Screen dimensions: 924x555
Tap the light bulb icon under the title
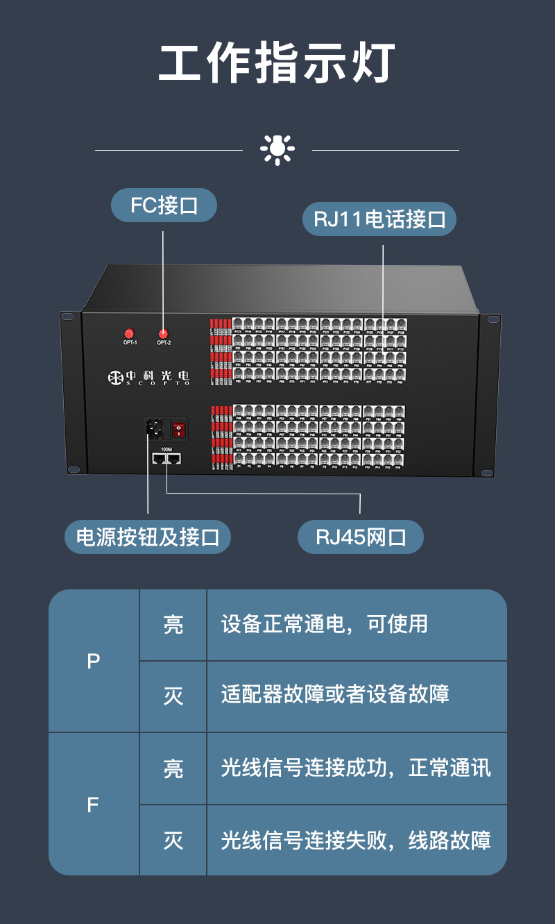click(277, 149)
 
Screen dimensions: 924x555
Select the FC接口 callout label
click(164, 206)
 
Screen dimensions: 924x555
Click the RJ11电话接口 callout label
click(379, 219)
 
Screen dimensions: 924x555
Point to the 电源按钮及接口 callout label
click(147, 537)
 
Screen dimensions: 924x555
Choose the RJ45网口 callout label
click(360, 537)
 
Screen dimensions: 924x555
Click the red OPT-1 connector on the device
click(129, 334)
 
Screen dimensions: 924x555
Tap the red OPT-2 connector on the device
click(164, 334)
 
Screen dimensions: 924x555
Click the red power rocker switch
click(179, 429)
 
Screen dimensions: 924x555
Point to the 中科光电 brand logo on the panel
click(148, 377)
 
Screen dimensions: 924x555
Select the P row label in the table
click(94, 661)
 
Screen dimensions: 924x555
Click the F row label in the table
click(94, 805)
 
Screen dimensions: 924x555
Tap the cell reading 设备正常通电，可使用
click(324, 624)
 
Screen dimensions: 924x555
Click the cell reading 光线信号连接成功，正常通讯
click(356, 768)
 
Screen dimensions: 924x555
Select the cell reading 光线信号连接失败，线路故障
click(356, 841)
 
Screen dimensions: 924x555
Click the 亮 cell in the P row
click(173, 624)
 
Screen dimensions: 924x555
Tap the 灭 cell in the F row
click(173, 841)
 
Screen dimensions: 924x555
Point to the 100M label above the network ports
click(166, 449)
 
